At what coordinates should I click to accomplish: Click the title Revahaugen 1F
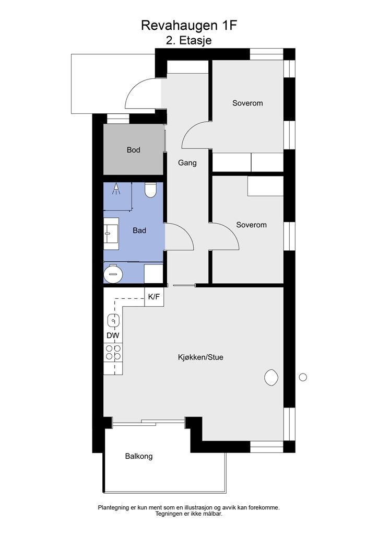click(x=189, y=25)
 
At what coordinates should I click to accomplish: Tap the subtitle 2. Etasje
click(x=189, y=40)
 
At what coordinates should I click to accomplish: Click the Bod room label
click(x=133, y=150)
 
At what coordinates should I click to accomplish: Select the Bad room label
click(x=139, y=230)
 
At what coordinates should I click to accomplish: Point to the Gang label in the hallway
click(x=187, y=163)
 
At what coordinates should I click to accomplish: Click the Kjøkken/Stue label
click(x=200, y=357)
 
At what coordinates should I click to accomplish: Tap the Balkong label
click(x=139, y=456)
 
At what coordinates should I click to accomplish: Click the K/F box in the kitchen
click(x=154, y=297)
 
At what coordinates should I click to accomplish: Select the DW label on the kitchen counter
click(x=113, y=335)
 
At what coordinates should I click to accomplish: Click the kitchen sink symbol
click(x=113, y=321)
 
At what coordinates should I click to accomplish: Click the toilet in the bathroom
click(x=150, y=190)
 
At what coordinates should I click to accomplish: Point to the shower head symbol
click(x=116, y=189)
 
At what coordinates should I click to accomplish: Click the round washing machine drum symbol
click(x=113, y=274)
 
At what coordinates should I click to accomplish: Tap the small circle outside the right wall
click(x=303, y=377)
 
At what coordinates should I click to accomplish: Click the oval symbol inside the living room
click(x=271, y=378)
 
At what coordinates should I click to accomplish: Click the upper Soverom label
click(x=247, y=103)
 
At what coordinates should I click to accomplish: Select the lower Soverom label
click(x=251, y=225)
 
